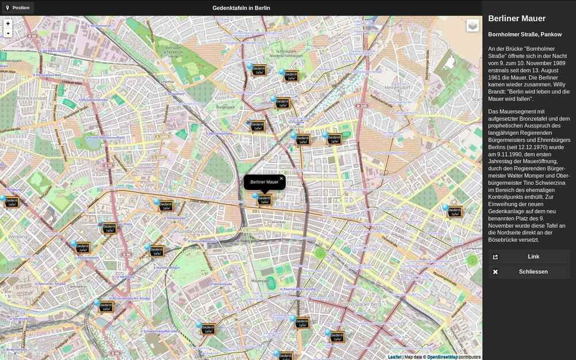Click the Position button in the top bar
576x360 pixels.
[17, 8]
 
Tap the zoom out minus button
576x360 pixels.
[8, 33]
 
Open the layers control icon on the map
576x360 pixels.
[472, 26]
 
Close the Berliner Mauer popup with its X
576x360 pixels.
[281, 179]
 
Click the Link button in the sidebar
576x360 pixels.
[529, 256]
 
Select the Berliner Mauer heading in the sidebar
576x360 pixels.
[517, 19]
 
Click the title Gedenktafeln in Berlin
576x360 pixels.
[241, 8]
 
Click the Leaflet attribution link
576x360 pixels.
[395, 357]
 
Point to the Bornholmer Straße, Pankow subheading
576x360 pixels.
[525, 35]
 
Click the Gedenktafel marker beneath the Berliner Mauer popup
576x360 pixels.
[264, 200]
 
